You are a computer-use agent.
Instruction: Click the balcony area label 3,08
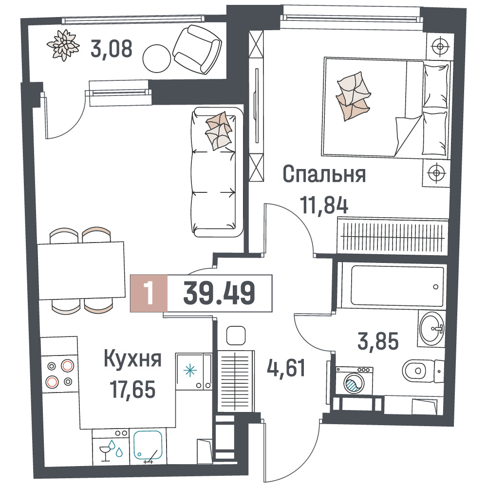point(112,49)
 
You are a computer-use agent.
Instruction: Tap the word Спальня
point(324,174)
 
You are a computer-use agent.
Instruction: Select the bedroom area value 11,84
point(324,205)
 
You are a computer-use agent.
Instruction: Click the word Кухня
point(132,359)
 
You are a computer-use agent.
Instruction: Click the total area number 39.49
point(219,293)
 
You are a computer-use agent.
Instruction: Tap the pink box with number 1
point(149,293)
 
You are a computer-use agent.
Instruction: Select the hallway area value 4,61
point(286,368)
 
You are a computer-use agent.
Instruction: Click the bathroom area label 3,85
point(378,341)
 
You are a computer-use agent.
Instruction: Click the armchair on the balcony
point(197,49)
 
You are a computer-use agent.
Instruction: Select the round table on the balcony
point(157,58)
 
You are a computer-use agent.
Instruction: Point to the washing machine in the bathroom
point(355,381)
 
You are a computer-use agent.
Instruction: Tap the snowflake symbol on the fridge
point(189,371)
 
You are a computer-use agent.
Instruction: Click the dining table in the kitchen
point(81,271)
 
